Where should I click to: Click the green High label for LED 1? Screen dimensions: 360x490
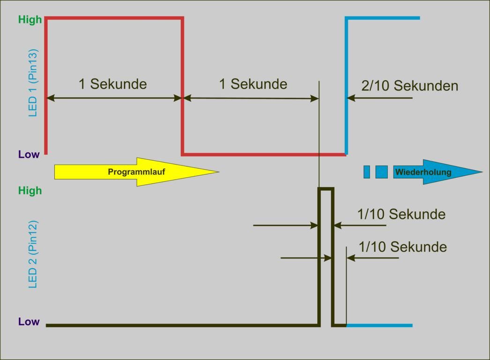pos(30,20)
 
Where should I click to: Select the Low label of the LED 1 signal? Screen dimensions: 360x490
pos(29,155)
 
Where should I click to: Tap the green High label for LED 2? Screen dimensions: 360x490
pos(30,191)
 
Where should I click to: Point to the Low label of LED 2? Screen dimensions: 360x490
pos(29,322)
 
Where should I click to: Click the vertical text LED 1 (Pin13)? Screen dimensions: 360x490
pos(33,83)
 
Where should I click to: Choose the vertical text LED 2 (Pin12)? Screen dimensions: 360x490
pos(33,254)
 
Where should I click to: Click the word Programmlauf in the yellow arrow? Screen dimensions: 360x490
pos(136,172)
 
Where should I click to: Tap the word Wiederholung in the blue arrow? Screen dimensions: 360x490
pos(423,172)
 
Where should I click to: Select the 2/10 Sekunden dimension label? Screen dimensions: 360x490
pos(409,86)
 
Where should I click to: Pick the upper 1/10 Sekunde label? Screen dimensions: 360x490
pos(401,214)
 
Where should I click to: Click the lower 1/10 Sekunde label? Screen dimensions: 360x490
pos(402,247)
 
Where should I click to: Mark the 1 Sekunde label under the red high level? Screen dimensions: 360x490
pos(112,84)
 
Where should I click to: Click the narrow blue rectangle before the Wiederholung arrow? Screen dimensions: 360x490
pos(367,172)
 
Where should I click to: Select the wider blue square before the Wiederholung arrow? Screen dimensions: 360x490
pos(381,172)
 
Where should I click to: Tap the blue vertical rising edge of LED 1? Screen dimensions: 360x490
pos(346,84)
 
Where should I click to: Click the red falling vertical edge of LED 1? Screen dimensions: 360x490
pos(182,84)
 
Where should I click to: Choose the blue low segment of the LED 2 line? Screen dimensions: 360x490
pos(379,325)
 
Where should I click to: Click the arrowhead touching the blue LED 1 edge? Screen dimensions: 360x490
pos(351,98)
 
